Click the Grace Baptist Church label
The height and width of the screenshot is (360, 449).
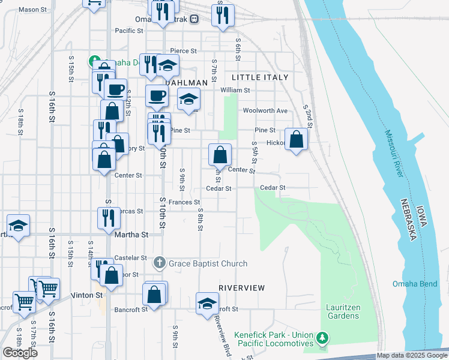point(208,263)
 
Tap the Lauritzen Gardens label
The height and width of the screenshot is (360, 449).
point(343,311)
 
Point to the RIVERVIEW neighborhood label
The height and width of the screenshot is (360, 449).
point(242,288)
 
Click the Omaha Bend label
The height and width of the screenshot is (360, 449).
point(415,284)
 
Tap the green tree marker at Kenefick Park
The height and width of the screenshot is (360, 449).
point(323,338)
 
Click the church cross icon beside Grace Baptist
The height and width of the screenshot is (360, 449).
point(160,263)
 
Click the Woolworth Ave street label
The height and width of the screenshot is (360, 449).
point(265,110)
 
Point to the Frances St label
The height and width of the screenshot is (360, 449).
point(184,202)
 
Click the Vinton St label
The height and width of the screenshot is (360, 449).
point(88,295)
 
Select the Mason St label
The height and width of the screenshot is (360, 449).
point(32,10)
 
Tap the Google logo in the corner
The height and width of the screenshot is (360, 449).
point(20,352)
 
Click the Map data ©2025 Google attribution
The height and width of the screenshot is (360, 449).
point(412,355)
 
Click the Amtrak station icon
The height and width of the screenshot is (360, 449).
point(194,19)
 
